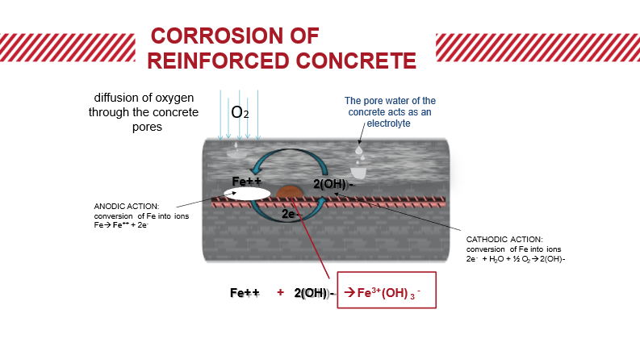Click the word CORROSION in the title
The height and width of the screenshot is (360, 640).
pyautogui.click(x=211, y=36)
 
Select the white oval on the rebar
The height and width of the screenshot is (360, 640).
pyautogui.click(x=247, y=194)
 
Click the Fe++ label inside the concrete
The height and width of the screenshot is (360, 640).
pyautogui.click(x=247, y=181)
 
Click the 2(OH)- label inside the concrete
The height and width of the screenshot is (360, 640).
pyautogui.click(x=333, y=185)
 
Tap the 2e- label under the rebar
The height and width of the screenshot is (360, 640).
pyautogui.click(x=290, y=215)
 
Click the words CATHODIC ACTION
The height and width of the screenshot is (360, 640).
pyautogui.click(x=504, y=239)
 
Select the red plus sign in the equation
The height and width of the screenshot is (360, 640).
pyautogui.click(x=280, y=292)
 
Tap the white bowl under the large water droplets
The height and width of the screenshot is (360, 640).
pyautogui.click(x=358, y=172)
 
